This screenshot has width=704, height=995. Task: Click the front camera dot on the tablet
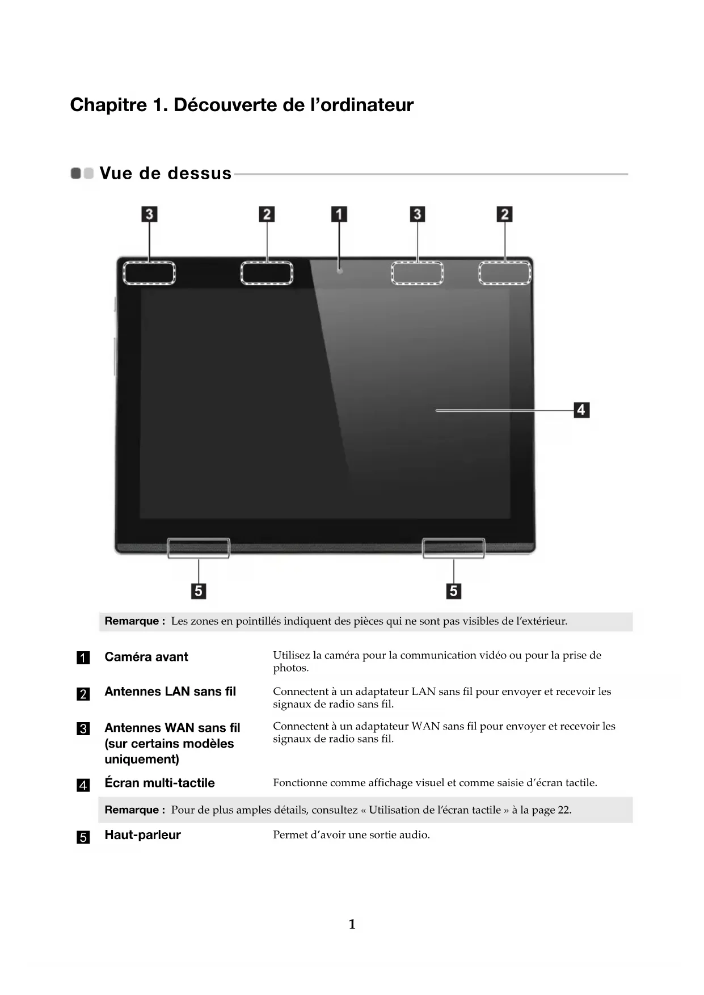[339, 271]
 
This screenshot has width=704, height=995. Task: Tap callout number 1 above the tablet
[339, 214]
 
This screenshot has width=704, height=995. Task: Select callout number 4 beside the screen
[581, 410]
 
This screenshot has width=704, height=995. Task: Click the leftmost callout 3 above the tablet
[149, 214]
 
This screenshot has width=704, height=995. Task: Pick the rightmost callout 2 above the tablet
[504, 214]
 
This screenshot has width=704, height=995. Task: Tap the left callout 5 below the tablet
[199, 591]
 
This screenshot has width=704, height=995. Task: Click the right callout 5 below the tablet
[453, 591]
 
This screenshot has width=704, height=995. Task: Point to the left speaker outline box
[199, 548]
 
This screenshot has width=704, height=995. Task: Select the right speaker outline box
[453, 548]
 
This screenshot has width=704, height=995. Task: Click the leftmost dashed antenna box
[149, 273]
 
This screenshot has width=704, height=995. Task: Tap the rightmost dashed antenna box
[504, 273]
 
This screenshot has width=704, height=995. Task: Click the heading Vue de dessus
[166, 173]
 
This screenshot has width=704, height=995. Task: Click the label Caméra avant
[146, 657]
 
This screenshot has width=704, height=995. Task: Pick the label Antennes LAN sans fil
[170, 692]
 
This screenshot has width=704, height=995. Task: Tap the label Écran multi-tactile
[159, 783]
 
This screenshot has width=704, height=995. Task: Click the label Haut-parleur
[142, 835]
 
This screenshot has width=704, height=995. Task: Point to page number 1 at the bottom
[352, 924]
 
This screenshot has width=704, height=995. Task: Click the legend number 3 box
[83, 729]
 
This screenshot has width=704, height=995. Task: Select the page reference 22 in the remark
[563, 810]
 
